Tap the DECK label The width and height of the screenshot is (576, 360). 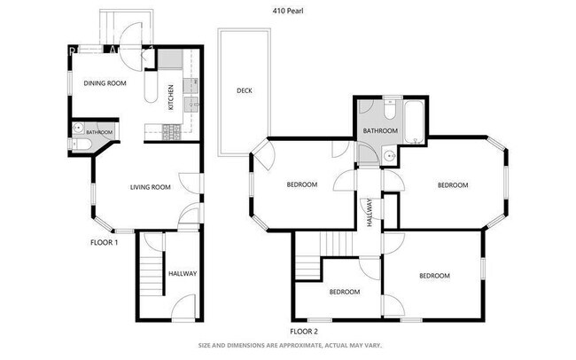[245, 90]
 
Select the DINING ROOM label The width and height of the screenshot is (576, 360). [105, 83]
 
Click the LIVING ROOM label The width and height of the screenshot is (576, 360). [150, 187]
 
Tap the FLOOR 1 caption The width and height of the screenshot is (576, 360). [104, 242]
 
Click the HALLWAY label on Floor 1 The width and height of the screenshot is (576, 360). [183, 273]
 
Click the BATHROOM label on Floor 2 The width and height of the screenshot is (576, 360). [379, 131]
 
